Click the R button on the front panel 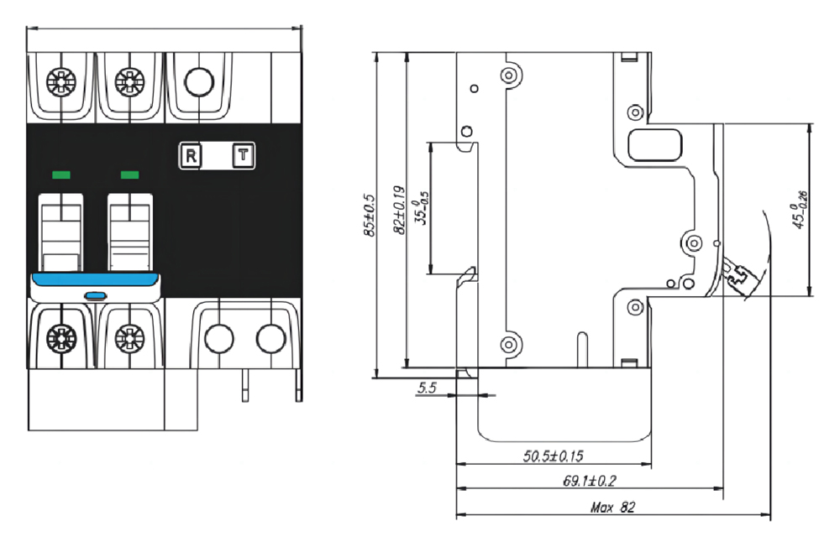[x=192, y=155]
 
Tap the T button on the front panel [x=244, y=155]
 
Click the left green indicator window [x=60, y=175]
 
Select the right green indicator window [x=129, y=175]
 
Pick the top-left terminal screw [x=61, y=81]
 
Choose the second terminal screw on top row [x=129, y=81]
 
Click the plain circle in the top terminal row [x=199, y=81]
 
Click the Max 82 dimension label [x=612, y=508]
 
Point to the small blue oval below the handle [x=95, y=294]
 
